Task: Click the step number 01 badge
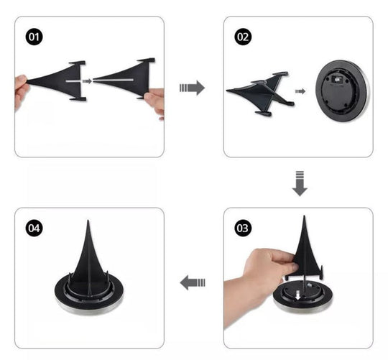pos(34,37)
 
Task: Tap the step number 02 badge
pos(243,37)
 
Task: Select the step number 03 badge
pos(243,228)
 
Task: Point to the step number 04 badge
pos(34,228)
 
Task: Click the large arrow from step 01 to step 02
pos(192,88)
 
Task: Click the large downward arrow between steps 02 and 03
pos(300,183)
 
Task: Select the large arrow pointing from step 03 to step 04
pos(193,282)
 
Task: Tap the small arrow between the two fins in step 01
pos(87,81)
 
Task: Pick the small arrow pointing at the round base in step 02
pos(300,91)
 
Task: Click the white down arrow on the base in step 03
pos(298,295)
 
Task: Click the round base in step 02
pos(342,91)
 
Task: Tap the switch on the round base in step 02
pos(336,80)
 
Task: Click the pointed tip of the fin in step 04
pos(88,221)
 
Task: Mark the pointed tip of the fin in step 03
pos(304,216)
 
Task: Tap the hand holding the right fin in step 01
pos(155,101)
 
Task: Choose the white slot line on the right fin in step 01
pos(113,80)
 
